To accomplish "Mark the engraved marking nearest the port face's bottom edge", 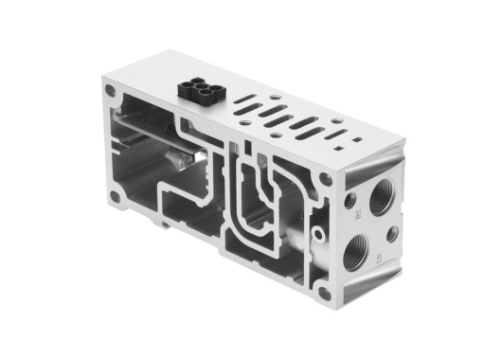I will point(379,259).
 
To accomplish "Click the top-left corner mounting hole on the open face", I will point(113,93).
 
